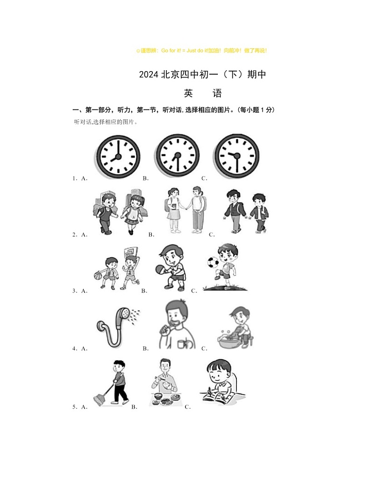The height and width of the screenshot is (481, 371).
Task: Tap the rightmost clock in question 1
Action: (x=236, y=156)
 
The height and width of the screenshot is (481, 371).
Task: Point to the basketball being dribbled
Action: (x=98, y=276)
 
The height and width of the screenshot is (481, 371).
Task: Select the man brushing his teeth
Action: (x=175, y=325)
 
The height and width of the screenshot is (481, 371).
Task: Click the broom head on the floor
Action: (x=99, y=400)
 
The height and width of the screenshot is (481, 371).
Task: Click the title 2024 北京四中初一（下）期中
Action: (x=202, y=74)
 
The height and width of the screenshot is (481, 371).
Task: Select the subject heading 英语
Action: (x=202, y=94)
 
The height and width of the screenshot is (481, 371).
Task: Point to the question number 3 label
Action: (x=74, y=291)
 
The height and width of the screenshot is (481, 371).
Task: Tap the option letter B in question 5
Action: (x=134, y=407)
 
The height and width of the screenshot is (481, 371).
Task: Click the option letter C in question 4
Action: (x=204, y=349)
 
